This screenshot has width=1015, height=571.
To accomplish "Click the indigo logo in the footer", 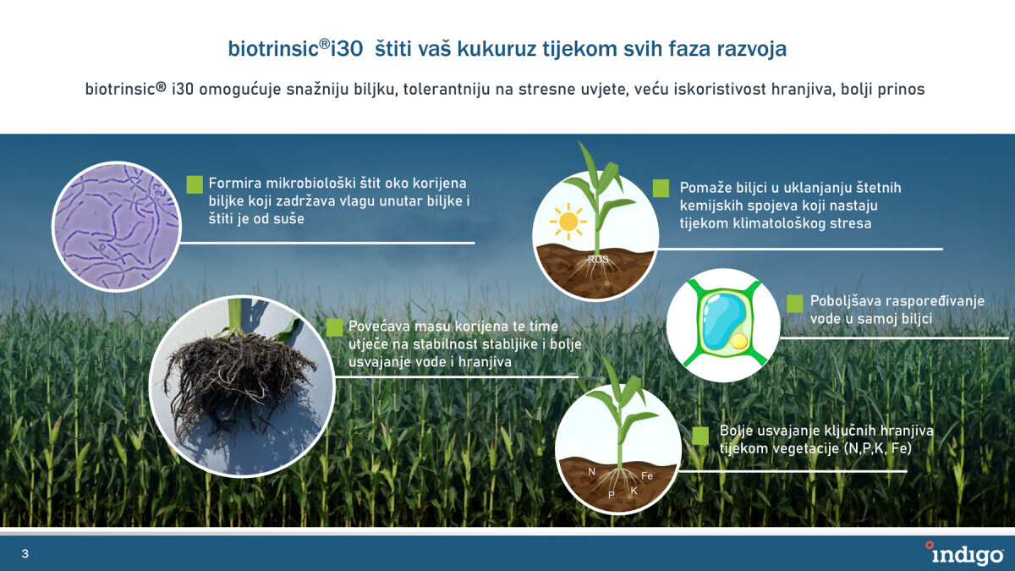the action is (x=964, y=553).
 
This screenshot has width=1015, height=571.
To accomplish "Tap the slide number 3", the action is (x=25, y=553).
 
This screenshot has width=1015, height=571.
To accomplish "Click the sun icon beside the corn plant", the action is (x=568, y=222).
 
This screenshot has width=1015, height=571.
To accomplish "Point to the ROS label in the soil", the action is (x=598, y=259).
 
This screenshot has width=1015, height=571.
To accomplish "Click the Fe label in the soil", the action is (x=646, y=475).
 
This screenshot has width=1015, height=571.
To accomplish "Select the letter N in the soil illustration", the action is (x=591, y=471).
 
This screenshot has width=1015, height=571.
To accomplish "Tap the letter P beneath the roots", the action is (x=611, y=494).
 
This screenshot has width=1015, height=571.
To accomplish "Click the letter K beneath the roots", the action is (x=634, y=491).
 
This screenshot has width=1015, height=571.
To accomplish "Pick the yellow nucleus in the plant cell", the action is (x=739, y=341).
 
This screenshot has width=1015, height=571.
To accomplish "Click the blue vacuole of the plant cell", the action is (x=722, y=320).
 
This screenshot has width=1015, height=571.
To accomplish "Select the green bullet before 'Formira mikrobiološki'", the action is (x=195, y=184).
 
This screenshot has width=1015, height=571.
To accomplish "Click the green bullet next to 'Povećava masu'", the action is (x=334, y=327).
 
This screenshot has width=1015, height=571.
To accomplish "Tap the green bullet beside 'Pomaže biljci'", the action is (x=661, y=188).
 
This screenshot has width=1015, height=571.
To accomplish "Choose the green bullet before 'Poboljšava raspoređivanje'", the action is (x=795, y=304).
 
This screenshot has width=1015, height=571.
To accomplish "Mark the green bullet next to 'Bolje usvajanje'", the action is (x=700, y=436).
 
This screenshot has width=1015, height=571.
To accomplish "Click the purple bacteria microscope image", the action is (x=117, y=226).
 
